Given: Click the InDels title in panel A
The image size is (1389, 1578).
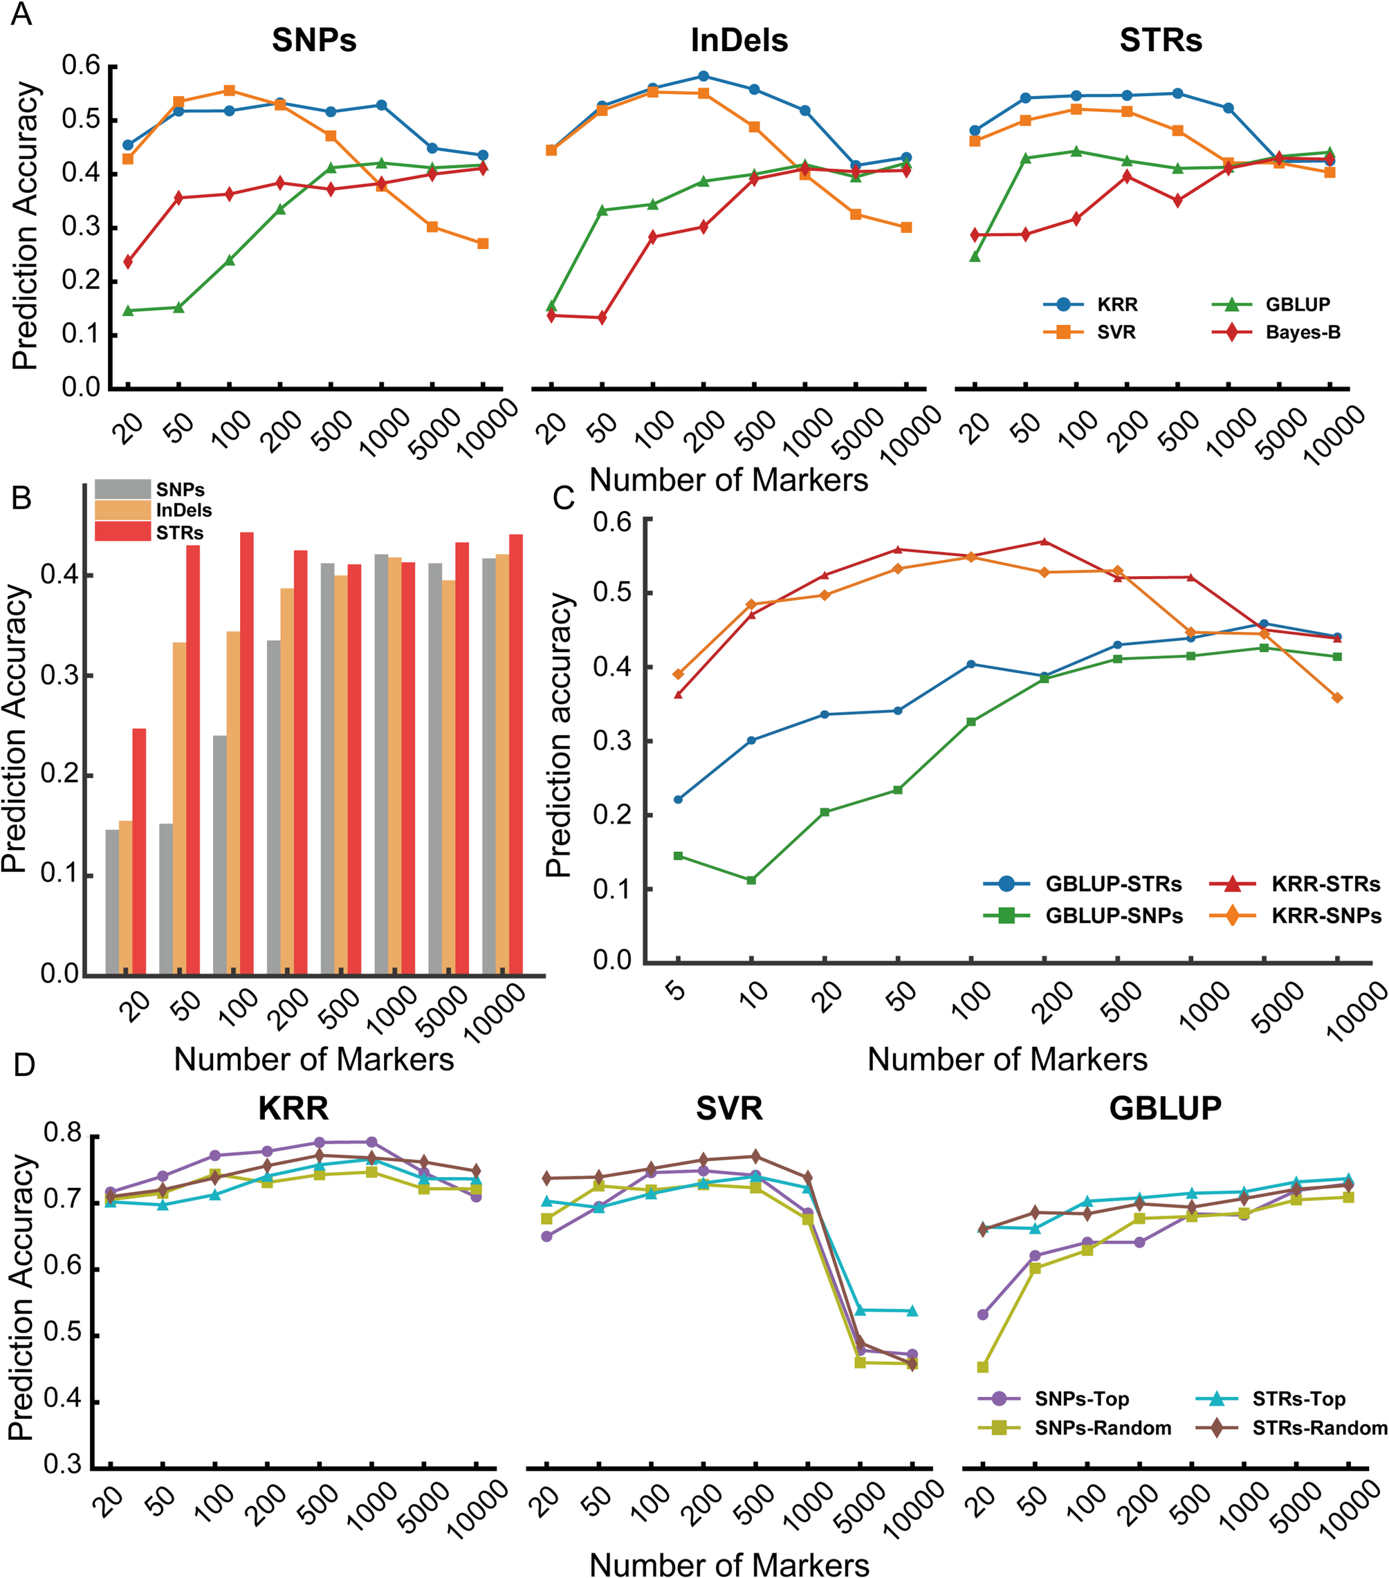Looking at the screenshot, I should (739, 41).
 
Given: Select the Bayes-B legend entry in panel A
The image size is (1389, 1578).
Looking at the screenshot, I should (1302, 333).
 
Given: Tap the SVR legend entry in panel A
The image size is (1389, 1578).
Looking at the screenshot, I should (1116, 333).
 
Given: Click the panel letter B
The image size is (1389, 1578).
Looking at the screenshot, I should (21, 498).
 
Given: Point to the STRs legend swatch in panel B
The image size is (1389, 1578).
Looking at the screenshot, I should (122, 531).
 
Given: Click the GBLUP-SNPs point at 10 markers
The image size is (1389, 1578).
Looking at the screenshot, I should (751, 880).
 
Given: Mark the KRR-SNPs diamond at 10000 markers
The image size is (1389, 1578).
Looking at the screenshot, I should (1337, 698).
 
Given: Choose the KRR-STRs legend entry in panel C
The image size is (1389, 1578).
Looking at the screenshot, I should (1325, 884).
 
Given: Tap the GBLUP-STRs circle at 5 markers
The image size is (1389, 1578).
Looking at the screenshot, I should (678, 799).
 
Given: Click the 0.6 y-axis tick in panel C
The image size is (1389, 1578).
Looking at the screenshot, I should (611, 523).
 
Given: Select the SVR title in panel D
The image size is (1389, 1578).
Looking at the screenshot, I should (729, 1108).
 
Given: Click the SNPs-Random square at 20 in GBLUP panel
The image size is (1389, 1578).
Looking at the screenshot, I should (983, 1366).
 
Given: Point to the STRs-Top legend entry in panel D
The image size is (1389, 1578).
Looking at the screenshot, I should (1298, 1399).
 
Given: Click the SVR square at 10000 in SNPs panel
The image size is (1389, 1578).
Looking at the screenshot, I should (483, 244).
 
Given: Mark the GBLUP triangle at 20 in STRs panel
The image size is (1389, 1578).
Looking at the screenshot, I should (975, 256).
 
